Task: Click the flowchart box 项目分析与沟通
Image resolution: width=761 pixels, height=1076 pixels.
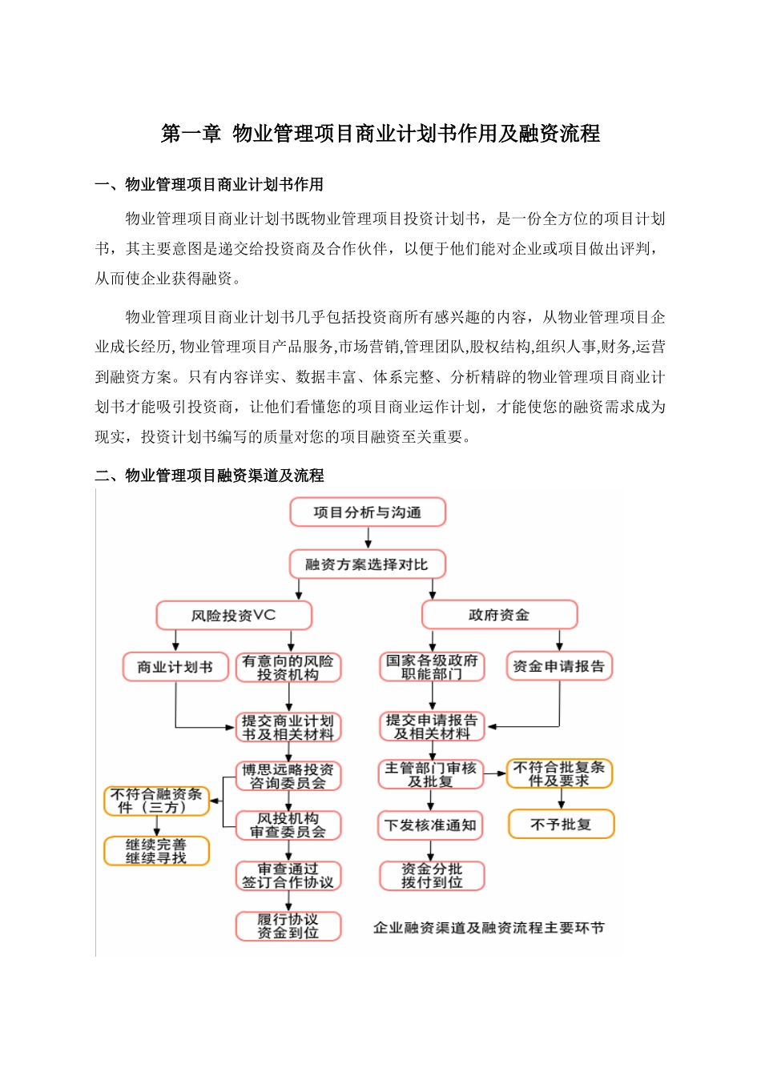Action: tap(368, 512)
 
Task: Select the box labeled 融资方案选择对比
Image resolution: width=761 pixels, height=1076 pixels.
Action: tap(367, 564)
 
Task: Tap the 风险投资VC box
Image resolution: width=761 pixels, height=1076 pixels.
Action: tap(233, 616)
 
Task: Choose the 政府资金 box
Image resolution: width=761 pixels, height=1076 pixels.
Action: tap(499, 615)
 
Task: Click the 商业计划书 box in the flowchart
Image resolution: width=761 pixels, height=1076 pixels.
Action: tap(175, 667)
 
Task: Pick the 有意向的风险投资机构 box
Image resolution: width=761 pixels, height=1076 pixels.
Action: tap(288, 668)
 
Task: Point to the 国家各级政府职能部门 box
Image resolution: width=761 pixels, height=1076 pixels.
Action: tap(432, 667)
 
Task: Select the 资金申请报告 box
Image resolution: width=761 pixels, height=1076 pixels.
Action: tap(559, 666)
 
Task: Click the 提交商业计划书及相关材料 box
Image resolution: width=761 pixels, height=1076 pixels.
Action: tap(288, 727)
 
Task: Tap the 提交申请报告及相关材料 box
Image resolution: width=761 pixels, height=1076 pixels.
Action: tap(432, 726)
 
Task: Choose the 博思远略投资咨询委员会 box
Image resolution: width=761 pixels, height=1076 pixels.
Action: tap(288, 776)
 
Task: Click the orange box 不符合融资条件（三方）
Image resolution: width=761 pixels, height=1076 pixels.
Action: tap(156, 801)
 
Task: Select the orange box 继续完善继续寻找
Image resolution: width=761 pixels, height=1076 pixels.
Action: tap(156, 851)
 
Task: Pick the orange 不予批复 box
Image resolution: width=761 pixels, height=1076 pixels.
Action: tap(561, 825)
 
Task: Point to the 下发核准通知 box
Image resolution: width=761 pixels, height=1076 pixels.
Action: tap(431, 825)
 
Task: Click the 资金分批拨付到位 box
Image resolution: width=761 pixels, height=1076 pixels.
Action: tap(432, 876)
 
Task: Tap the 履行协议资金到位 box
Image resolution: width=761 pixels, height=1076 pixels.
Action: tap(288, 926)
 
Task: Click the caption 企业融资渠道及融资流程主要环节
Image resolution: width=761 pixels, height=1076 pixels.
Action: tap(489, 928)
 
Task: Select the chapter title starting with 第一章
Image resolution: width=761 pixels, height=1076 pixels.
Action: tap(380, 134)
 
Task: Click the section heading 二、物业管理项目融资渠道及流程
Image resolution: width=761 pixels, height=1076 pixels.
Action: tap(209, 476)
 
